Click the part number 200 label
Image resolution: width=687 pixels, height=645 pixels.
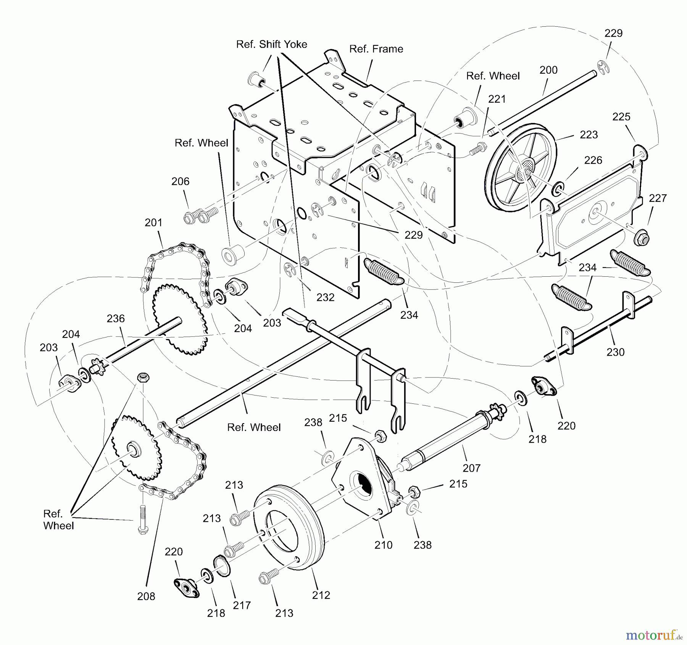coord(548,70)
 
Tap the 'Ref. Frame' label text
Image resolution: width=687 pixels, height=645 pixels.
coord(376,49)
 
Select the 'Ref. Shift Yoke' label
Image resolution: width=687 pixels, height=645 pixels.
coord(272,44)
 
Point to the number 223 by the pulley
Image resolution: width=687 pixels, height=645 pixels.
coord(589,134)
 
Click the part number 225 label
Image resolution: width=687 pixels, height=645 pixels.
coord(621,116)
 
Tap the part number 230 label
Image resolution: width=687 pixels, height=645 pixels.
coord(616,352)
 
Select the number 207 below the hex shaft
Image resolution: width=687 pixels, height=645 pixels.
coord(471,468)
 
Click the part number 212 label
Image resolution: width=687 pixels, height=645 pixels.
coord(321,595)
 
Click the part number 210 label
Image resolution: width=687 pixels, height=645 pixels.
coord(383,545)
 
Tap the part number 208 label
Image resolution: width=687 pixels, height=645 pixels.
coord(146,596)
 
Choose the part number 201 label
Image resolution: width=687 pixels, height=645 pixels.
coord(153,222)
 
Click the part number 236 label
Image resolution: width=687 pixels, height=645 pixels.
coord(116,318)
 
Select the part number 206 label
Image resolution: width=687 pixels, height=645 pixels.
coord(180,181)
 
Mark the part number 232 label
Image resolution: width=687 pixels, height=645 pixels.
coord(325,297)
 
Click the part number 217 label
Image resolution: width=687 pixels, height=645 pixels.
coord(242,605)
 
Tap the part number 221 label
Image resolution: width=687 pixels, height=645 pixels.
coord(497,99)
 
